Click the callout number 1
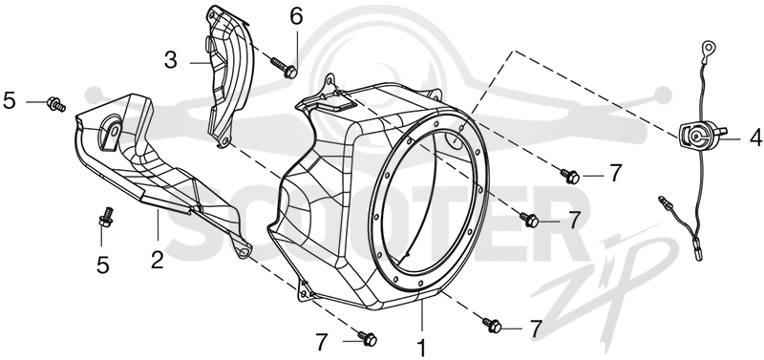422,349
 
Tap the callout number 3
171,61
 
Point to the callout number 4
755,138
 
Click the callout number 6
296,16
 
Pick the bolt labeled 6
283,67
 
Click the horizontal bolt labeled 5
56,104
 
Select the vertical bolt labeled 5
106,217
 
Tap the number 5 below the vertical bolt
103,265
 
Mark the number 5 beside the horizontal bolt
10,101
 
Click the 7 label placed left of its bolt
321,343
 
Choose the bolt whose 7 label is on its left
367,338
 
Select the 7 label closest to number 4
616,173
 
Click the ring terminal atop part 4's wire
709,49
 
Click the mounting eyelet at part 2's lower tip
244,251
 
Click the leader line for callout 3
200,62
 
